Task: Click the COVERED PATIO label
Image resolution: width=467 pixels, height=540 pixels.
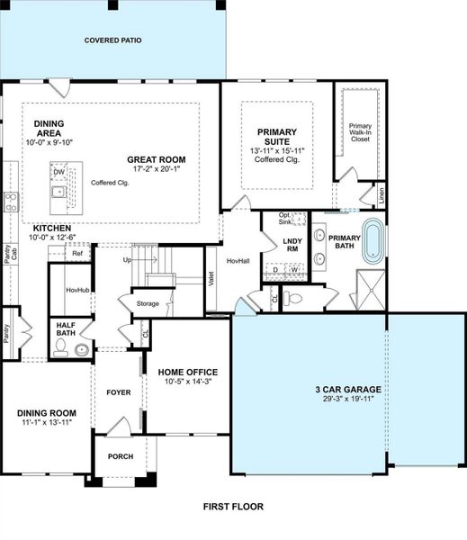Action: click(112, 40)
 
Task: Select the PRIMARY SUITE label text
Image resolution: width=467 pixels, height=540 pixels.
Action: click(276, 135)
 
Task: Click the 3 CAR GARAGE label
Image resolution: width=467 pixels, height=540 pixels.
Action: click(347, 390)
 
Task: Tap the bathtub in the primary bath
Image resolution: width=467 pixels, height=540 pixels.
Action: click(373, 241)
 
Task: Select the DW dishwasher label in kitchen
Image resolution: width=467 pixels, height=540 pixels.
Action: click(58, 171)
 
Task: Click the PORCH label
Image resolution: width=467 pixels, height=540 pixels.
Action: click(121, 456)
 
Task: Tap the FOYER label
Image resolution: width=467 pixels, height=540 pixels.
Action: click(119, 392)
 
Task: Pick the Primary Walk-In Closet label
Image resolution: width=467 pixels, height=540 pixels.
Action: click(361, 133)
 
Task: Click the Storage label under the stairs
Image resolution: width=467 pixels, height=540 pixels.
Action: click(148, 304)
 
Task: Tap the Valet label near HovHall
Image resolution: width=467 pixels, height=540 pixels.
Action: click(211, 278)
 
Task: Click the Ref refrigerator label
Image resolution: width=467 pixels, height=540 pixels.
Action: click(77, 254)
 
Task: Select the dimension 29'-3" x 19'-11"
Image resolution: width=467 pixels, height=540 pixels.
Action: click(347, 401)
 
